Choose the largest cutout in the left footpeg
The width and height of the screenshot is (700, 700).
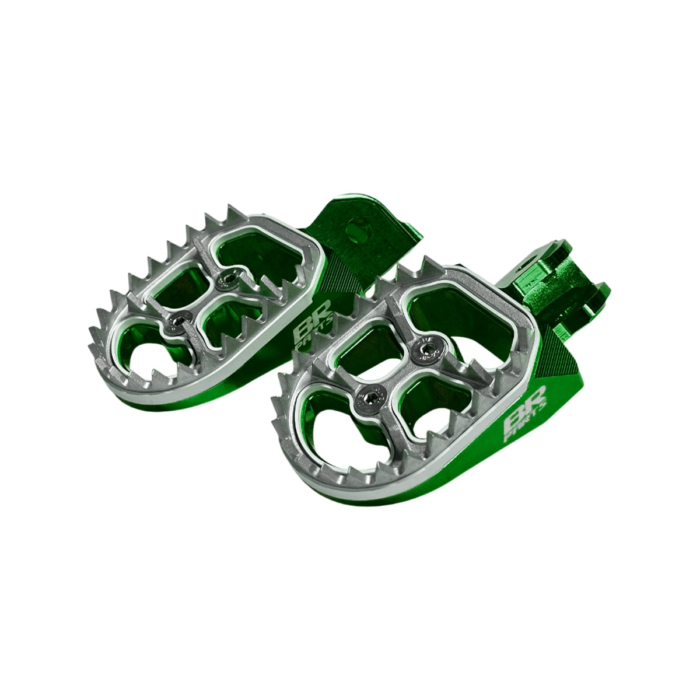265,257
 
